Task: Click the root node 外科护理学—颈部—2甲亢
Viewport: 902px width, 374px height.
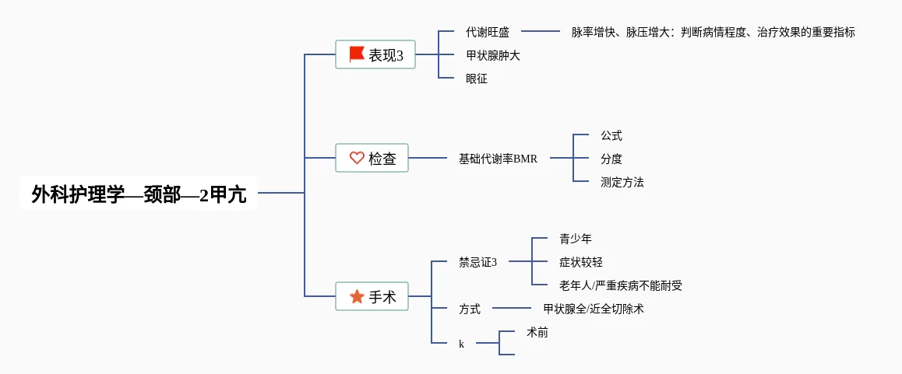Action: [139, 194]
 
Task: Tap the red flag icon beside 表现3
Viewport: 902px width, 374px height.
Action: [357, 54]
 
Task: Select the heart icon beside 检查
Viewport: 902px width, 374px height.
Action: [357, 158]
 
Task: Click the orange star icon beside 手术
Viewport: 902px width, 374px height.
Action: [357, 296]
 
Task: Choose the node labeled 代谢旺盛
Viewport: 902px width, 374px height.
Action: [488, 32]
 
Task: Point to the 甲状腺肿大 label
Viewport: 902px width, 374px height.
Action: [493, 55]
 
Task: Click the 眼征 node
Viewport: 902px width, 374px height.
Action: [477, 79]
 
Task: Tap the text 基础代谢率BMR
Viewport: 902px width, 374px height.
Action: [498, 159]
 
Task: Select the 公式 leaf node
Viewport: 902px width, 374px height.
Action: [611, 135]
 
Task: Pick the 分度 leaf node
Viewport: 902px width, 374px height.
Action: [611, 159]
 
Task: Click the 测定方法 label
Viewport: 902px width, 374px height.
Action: [622, 182]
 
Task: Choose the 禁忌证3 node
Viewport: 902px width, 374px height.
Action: [478, 262]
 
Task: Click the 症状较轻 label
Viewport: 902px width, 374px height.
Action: [581, 262]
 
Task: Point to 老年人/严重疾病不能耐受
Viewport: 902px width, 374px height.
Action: [621, 285]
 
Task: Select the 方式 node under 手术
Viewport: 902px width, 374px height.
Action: [470, 309]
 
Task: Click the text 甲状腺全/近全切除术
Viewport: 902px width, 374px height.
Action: [594, 309]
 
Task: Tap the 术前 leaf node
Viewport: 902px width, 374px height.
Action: [537, 332]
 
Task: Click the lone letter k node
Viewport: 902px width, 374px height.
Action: [461, 344]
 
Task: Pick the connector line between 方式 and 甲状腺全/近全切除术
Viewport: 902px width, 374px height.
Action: [512, 309]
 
